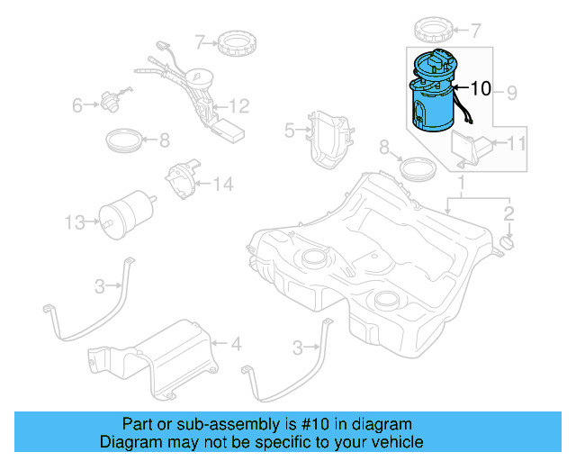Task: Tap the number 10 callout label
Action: click(x=481, y=88)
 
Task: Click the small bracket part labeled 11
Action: click(x=469, y=147)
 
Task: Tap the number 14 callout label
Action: click(x=222, y=185)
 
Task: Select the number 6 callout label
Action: click(x=77, y=106)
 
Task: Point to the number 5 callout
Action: click(x=289, y=131)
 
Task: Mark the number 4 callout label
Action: click(x=237, y=343)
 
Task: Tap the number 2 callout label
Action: click(x=508, y=213)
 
